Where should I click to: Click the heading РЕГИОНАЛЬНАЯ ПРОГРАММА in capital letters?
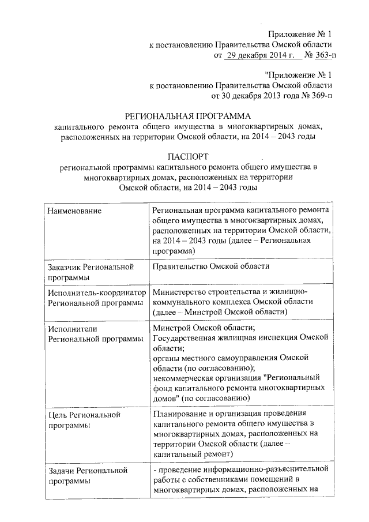click(x=185, y=115)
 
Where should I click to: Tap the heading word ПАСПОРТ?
click(x=185, y=156)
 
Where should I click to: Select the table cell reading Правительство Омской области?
click(x=211, y=267)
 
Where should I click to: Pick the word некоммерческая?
click(x=183, y=378)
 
